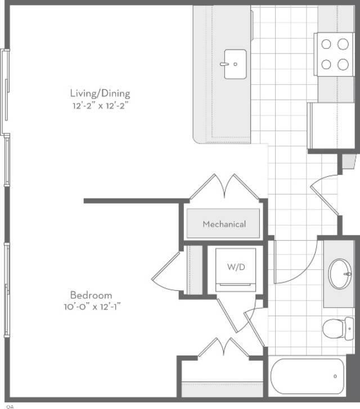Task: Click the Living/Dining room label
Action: click(100, 93)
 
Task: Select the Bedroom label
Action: click(91, 295)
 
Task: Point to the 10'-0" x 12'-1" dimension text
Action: click(92, 307)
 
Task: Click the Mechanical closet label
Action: click(224, 224)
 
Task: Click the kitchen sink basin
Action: click(234, 64)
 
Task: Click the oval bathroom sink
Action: click(340, 274)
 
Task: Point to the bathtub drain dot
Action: click(335, 376)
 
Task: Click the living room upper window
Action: click(6, 93)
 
